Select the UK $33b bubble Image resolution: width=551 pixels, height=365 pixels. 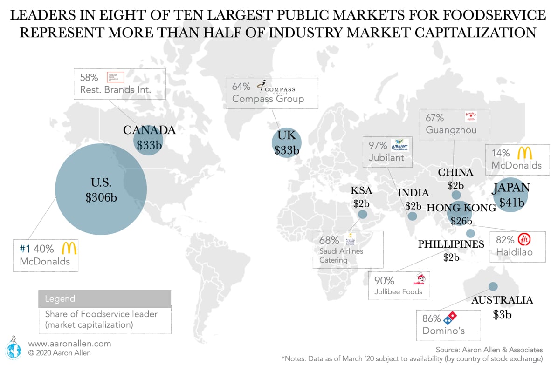(286, 143)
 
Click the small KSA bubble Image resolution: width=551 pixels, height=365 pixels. (362, 214)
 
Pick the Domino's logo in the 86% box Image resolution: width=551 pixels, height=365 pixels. (450, 318)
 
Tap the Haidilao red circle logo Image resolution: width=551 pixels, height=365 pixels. (524, 239)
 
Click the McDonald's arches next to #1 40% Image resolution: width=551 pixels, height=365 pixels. (69, 248)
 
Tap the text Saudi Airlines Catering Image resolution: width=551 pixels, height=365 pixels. (341, 256)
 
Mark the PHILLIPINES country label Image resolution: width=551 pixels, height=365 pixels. (451, 244)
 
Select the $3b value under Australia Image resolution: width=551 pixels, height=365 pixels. (502, 315)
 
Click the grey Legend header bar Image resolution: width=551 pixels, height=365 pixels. (104, 298)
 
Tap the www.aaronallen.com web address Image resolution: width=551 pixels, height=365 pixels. (70, 344)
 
